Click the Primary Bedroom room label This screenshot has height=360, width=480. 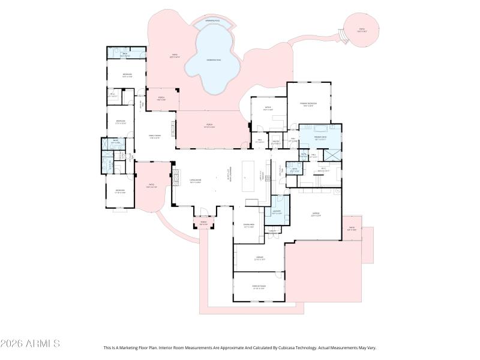(308, 104)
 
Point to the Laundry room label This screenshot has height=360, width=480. (277, 212)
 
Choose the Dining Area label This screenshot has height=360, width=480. (249, 227)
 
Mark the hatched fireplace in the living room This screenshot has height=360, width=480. (175, 178)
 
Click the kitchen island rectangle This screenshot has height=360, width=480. (248, 176)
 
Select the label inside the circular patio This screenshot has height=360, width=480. (362, 29)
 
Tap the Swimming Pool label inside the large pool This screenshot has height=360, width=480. (213, 60)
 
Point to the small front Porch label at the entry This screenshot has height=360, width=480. (203, 224)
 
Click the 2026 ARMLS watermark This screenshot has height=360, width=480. (30, 344)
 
